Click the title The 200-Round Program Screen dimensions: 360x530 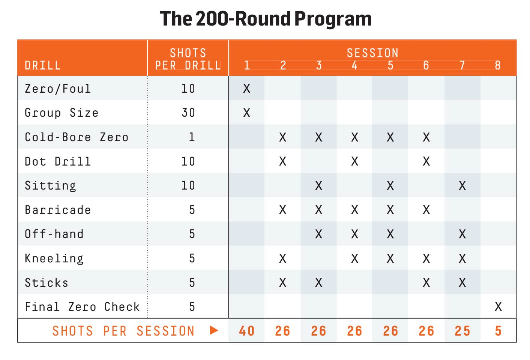pos(265,19)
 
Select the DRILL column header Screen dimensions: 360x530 pos(42,65)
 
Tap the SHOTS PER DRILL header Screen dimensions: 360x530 pos(188,59)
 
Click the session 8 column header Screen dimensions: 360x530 pos(498,65)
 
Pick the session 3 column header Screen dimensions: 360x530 pos(318,65)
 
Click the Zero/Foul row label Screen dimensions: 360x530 pos(58,89)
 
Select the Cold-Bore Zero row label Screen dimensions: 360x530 pos(77,137)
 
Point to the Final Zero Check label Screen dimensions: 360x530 pos(82,307)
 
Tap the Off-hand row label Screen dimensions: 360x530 pos(54,234)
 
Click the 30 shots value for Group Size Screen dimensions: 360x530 pos(188,113)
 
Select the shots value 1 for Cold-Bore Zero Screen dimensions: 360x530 pos(192,137)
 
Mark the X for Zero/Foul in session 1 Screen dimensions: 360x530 pos(246,89)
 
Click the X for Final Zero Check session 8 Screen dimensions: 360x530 pos(498,307)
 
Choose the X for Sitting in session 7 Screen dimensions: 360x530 pos(462,185)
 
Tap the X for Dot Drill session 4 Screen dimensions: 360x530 pos(354,161)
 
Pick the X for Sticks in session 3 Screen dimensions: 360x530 pos(318,283)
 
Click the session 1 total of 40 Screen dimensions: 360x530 pos(246,331)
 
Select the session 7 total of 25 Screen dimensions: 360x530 pos(462,331)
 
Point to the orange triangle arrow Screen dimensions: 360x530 pos(214,330)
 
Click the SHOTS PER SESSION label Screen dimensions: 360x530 pos(123,331)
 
